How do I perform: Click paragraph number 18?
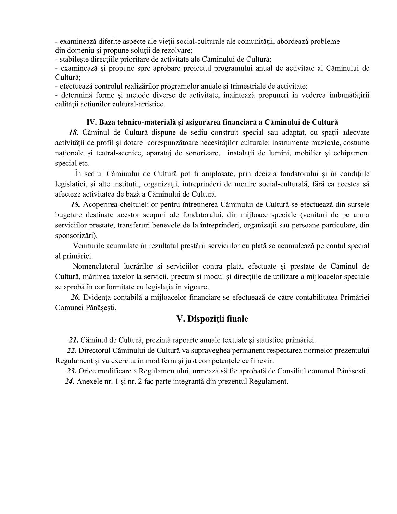74,132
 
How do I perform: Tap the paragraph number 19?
76,204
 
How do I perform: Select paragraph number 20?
76,297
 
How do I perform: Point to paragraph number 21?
73,340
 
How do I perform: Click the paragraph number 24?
70,381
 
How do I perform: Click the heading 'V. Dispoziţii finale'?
212,319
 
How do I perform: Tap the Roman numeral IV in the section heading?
90,122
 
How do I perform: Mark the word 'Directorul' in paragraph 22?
94,350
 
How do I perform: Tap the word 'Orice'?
87,371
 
